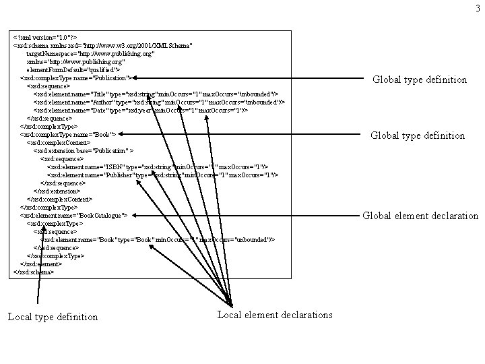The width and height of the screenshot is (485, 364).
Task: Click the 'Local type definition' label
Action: [x=53, y=317]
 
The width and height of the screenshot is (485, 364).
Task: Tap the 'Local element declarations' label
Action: [x=275, y=315]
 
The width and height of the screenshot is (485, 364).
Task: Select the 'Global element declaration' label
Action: [x=420, y=216]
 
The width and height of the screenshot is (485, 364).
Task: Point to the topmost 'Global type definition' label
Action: [x=420, y=80]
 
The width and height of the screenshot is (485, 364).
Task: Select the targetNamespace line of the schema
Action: [x=90, y=53]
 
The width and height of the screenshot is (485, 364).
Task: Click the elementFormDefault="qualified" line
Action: [x=73, y=69]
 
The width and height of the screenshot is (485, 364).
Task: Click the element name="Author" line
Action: [x=159, y=102]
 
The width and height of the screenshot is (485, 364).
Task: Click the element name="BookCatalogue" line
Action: [x=73, y=215]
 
